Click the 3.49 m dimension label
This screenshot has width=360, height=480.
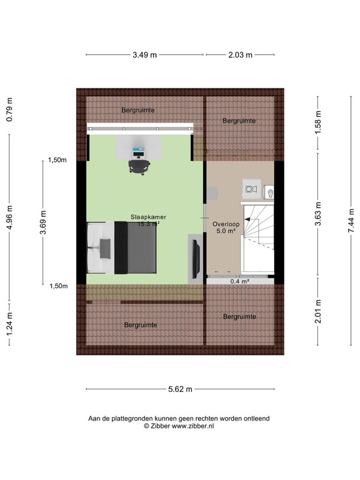(145, 55)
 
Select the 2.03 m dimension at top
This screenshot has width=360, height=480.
(241, 55)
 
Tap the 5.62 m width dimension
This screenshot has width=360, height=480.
(181, 389)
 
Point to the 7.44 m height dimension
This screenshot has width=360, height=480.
(351, 220)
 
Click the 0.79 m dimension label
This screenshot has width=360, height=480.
(10, 110)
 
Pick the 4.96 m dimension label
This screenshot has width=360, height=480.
(10, 217)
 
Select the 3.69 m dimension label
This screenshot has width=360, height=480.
(43, 222)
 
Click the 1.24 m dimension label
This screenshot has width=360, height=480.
(10, 324)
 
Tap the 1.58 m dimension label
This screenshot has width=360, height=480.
(318, 122)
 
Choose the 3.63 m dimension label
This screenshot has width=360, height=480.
(318, 214)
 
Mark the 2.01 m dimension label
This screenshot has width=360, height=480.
(318, 311)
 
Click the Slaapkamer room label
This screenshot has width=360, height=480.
(148, 217)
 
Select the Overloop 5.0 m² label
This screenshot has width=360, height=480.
(226, 227)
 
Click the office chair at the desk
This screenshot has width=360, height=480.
(139, 167)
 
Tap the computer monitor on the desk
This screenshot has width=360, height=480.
(139, 152)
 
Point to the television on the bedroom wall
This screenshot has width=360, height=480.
(196, 257)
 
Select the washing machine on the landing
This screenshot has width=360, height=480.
(251, 189)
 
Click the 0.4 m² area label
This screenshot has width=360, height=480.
(239, 281)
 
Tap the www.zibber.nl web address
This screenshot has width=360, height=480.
(193, 426)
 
